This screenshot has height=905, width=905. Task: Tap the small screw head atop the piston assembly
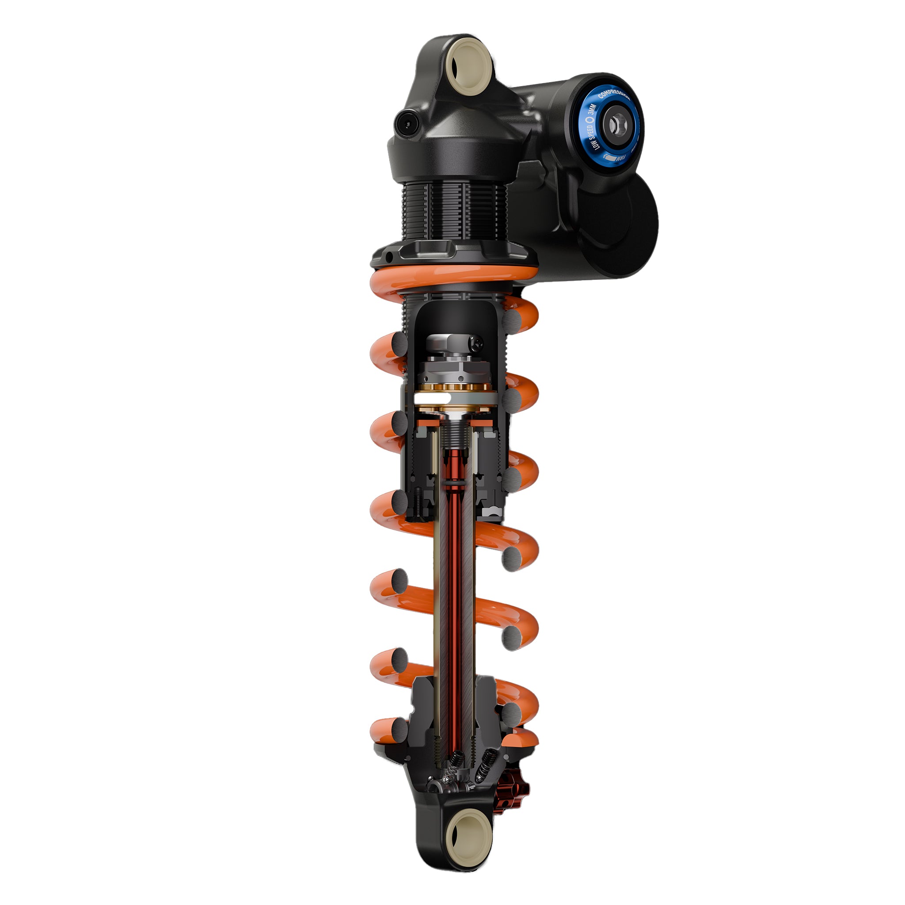pos(477,343)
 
